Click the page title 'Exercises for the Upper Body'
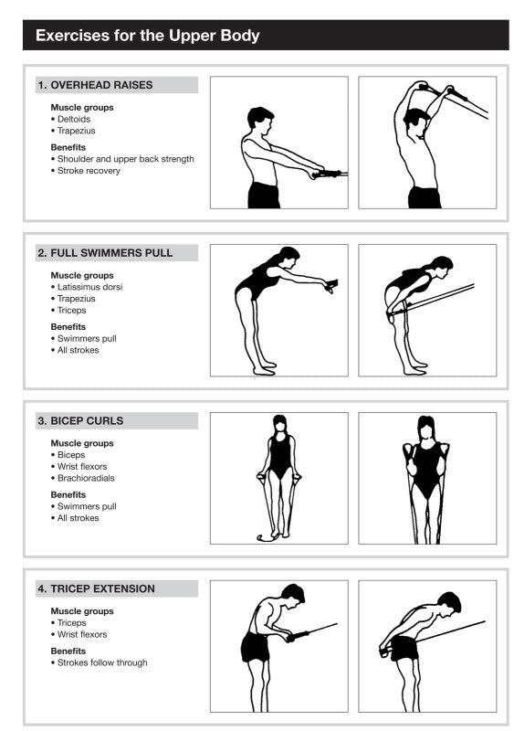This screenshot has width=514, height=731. click(147, 36)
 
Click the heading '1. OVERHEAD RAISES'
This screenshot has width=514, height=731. click(95, 85)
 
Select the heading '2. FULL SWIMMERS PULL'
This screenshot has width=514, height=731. click(105, 253)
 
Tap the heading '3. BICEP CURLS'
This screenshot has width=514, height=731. click(80, 421)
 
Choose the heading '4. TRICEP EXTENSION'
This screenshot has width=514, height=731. click(96, 589)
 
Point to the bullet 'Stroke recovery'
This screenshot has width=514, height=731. click(88, 171)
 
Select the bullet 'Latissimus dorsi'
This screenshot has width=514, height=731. click(89, 287)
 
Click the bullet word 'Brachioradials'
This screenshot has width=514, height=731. click(86, 478)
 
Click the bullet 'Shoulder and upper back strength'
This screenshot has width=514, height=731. click(125, 159)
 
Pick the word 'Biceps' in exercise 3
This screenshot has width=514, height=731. click(71, 455)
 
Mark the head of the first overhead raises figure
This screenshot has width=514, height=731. click(260, 119)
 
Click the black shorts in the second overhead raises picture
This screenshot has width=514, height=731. click(424, 196)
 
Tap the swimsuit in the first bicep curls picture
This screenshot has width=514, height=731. click(279, 454)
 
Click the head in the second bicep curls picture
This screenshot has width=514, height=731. click(425, 428)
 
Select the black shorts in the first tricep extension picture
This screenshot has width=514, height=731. click(256, 646)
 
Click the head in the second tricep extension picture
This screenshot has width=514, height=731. click(449, 604)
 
